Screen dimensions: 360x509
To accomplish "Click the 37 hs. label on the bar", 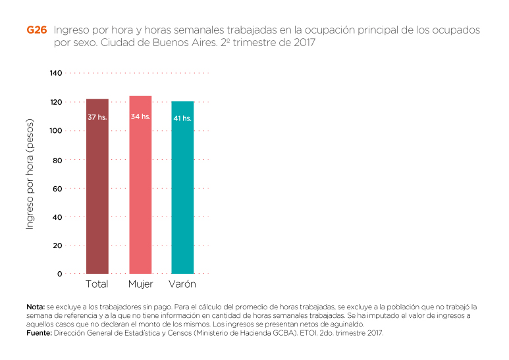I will [x=97, y=117].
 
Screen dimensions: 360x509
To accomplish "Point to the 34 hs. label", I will [x=140, y=116].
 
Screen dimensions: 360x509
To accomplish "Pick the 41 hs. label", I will [x=182, y=118].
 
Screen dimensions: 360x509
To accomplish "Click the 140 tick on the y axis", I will [x=55, y=73].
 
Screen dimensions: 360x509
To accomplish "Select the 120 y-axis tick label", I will [x=55, y=102].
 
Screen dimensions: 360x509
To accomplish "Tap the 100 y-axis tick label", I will [x=55, y=131].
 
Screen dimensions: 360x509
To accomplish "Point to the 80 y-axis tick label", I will [x=57, y=160].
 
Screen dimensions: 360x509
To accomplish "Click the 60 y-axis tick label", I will [x=57, y=188].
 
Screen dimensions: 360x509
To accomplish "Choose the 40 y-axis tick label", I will [x=57, y=217].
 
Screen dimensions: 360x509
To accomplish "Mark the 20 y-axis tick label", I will [x=57, y=245].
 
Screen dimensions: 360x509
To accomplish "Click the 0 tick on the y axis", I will [x=59, y=273].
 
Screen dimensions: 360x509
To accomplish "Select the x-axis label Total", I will [x=97, y=284].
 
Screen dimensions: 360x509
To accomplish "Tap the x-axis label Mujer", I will [x=140, y=284].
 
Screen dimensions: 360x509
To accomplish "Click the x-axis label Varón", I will [x=182, y=284].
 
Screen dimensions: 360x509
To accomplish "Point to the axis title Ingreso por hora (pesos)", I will [x=30, y=174].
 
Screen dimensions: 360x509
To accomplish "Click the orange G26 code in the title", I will [x=36, y=31].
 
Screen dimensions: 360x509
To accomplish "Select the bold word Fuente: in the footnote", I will [x=38, y=333].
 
